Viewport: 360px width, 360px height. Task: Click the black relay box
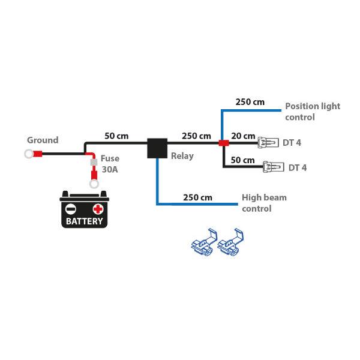click(x=157, y=148)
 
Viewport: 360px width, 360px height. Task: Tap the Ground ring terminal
click(x=29, y=154)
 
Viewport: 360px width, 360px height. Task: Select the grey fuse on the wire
click(x=94, y=162)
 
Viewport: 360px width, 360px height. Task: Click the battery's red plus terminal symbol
click(x=98, y=209)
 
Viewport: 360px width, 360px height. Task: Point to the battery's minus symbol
click(x=71, y=209)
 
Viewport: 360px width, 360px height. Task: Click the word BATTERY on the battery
click(x=84, y=221)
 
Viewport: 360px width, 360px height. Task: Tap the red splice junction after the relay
click(x=223, y=144)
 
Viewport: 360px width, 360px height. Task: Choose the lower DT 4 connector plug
click(x=272, y=167)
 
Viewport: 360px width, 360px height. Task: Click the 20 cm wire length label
click(x=242, y=136)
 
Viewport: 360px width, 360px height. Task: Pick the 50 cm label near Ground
click(x=117, y=136)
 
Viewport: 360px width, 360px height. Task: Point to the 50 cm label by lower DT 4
click(x=243, y=160)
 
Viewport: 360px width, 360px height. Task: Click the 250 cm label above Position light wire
click(x=250, y=102)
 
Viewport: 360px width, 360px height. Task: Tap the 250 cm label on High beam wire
click(x=197, y=197)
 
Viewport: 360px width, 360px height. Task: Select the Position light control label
click(x=312, y=112)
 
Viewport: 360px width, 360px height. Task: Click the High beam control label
click(x=264, y=203)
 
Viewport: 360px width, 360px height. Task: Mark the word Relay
click(x=182, y=157)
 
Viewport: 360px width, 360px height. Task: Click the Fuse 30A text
click(x=110, y=164)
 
